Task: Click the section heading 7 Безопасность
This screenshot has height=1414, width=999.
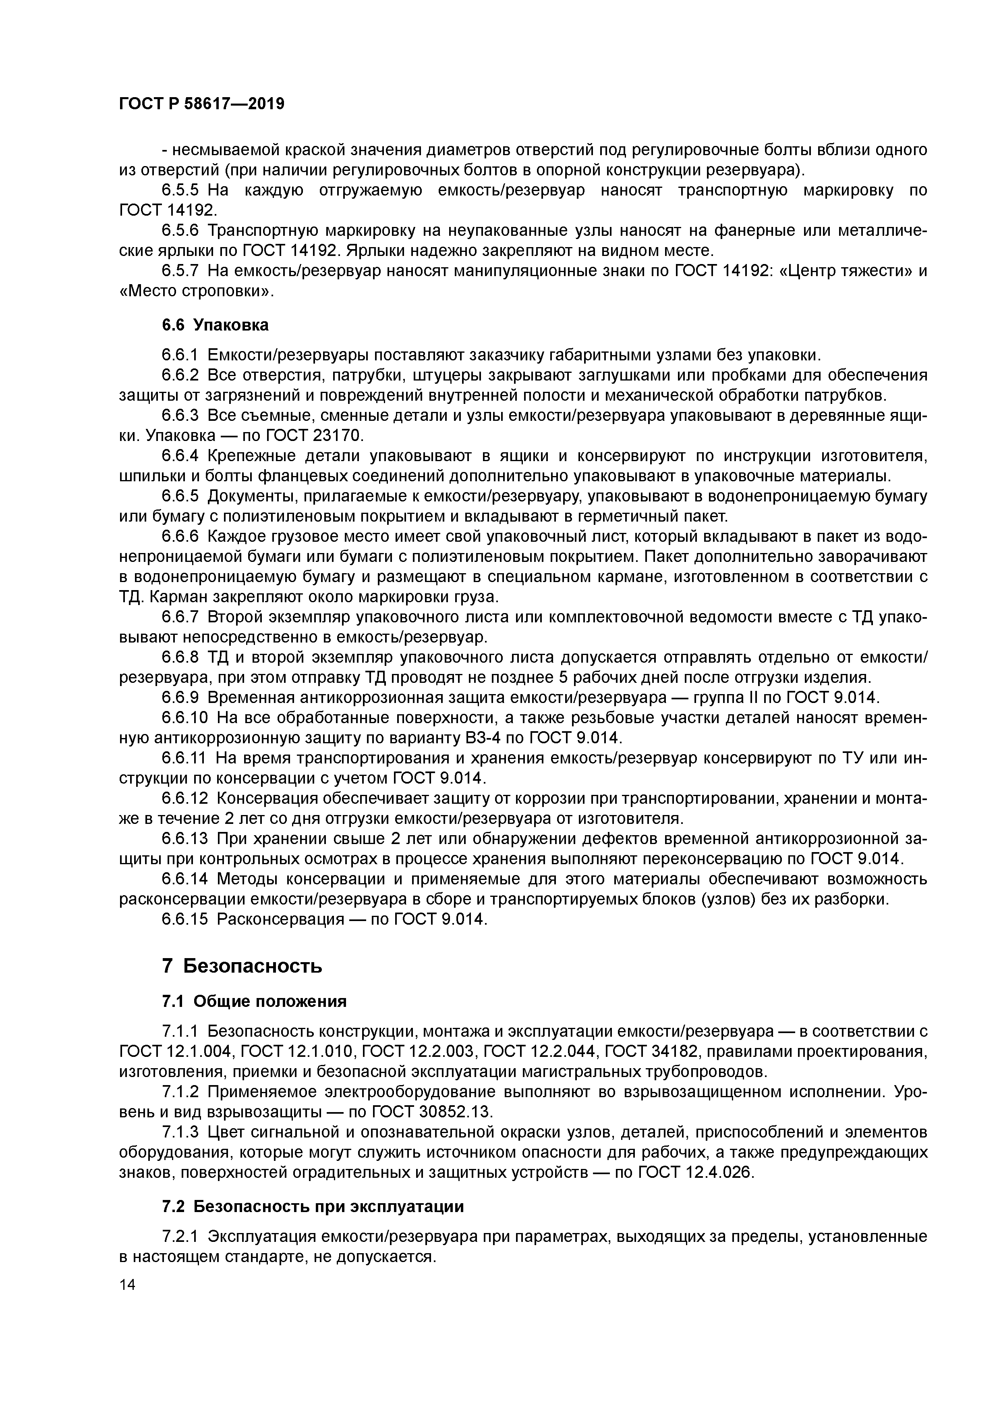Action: pos(242,966)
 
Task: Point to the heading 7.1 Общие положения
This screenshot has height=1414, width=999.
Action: pos(254,1001)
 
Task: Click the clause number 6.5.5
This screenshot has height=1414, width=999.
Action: pos(180,190)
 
